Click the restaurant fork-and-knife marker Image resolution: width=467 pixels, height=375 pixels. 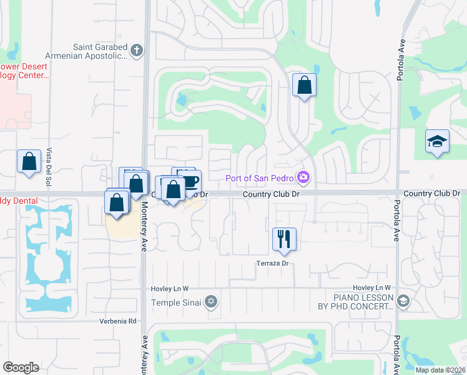coord(284,239)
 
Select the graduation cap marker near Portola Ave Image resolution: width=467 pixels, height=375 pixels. coord(437,142)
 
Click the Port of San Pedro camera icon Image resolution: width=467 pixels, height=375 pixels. coord(303,178)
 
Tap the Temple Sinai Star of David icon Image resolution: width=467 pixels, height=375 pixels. coord(211,302)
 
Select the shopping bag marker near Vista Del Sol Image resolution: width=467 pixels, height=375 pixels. coord(29,162)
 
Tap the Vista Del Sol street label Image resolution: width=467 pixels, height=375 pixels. coord(49,167)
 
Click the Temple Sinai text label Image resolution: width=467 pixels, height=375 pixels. coord(178,302)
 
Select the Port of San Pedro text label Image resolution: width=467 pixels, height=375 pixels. coord(260,178)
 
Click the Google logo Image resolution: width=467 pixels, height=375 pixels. coord(21,367)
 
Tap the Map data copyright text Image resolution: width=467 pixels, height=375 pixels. coord(440,370)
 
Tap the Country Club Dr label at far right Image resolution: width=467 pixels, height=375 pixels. coord(431,194)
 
